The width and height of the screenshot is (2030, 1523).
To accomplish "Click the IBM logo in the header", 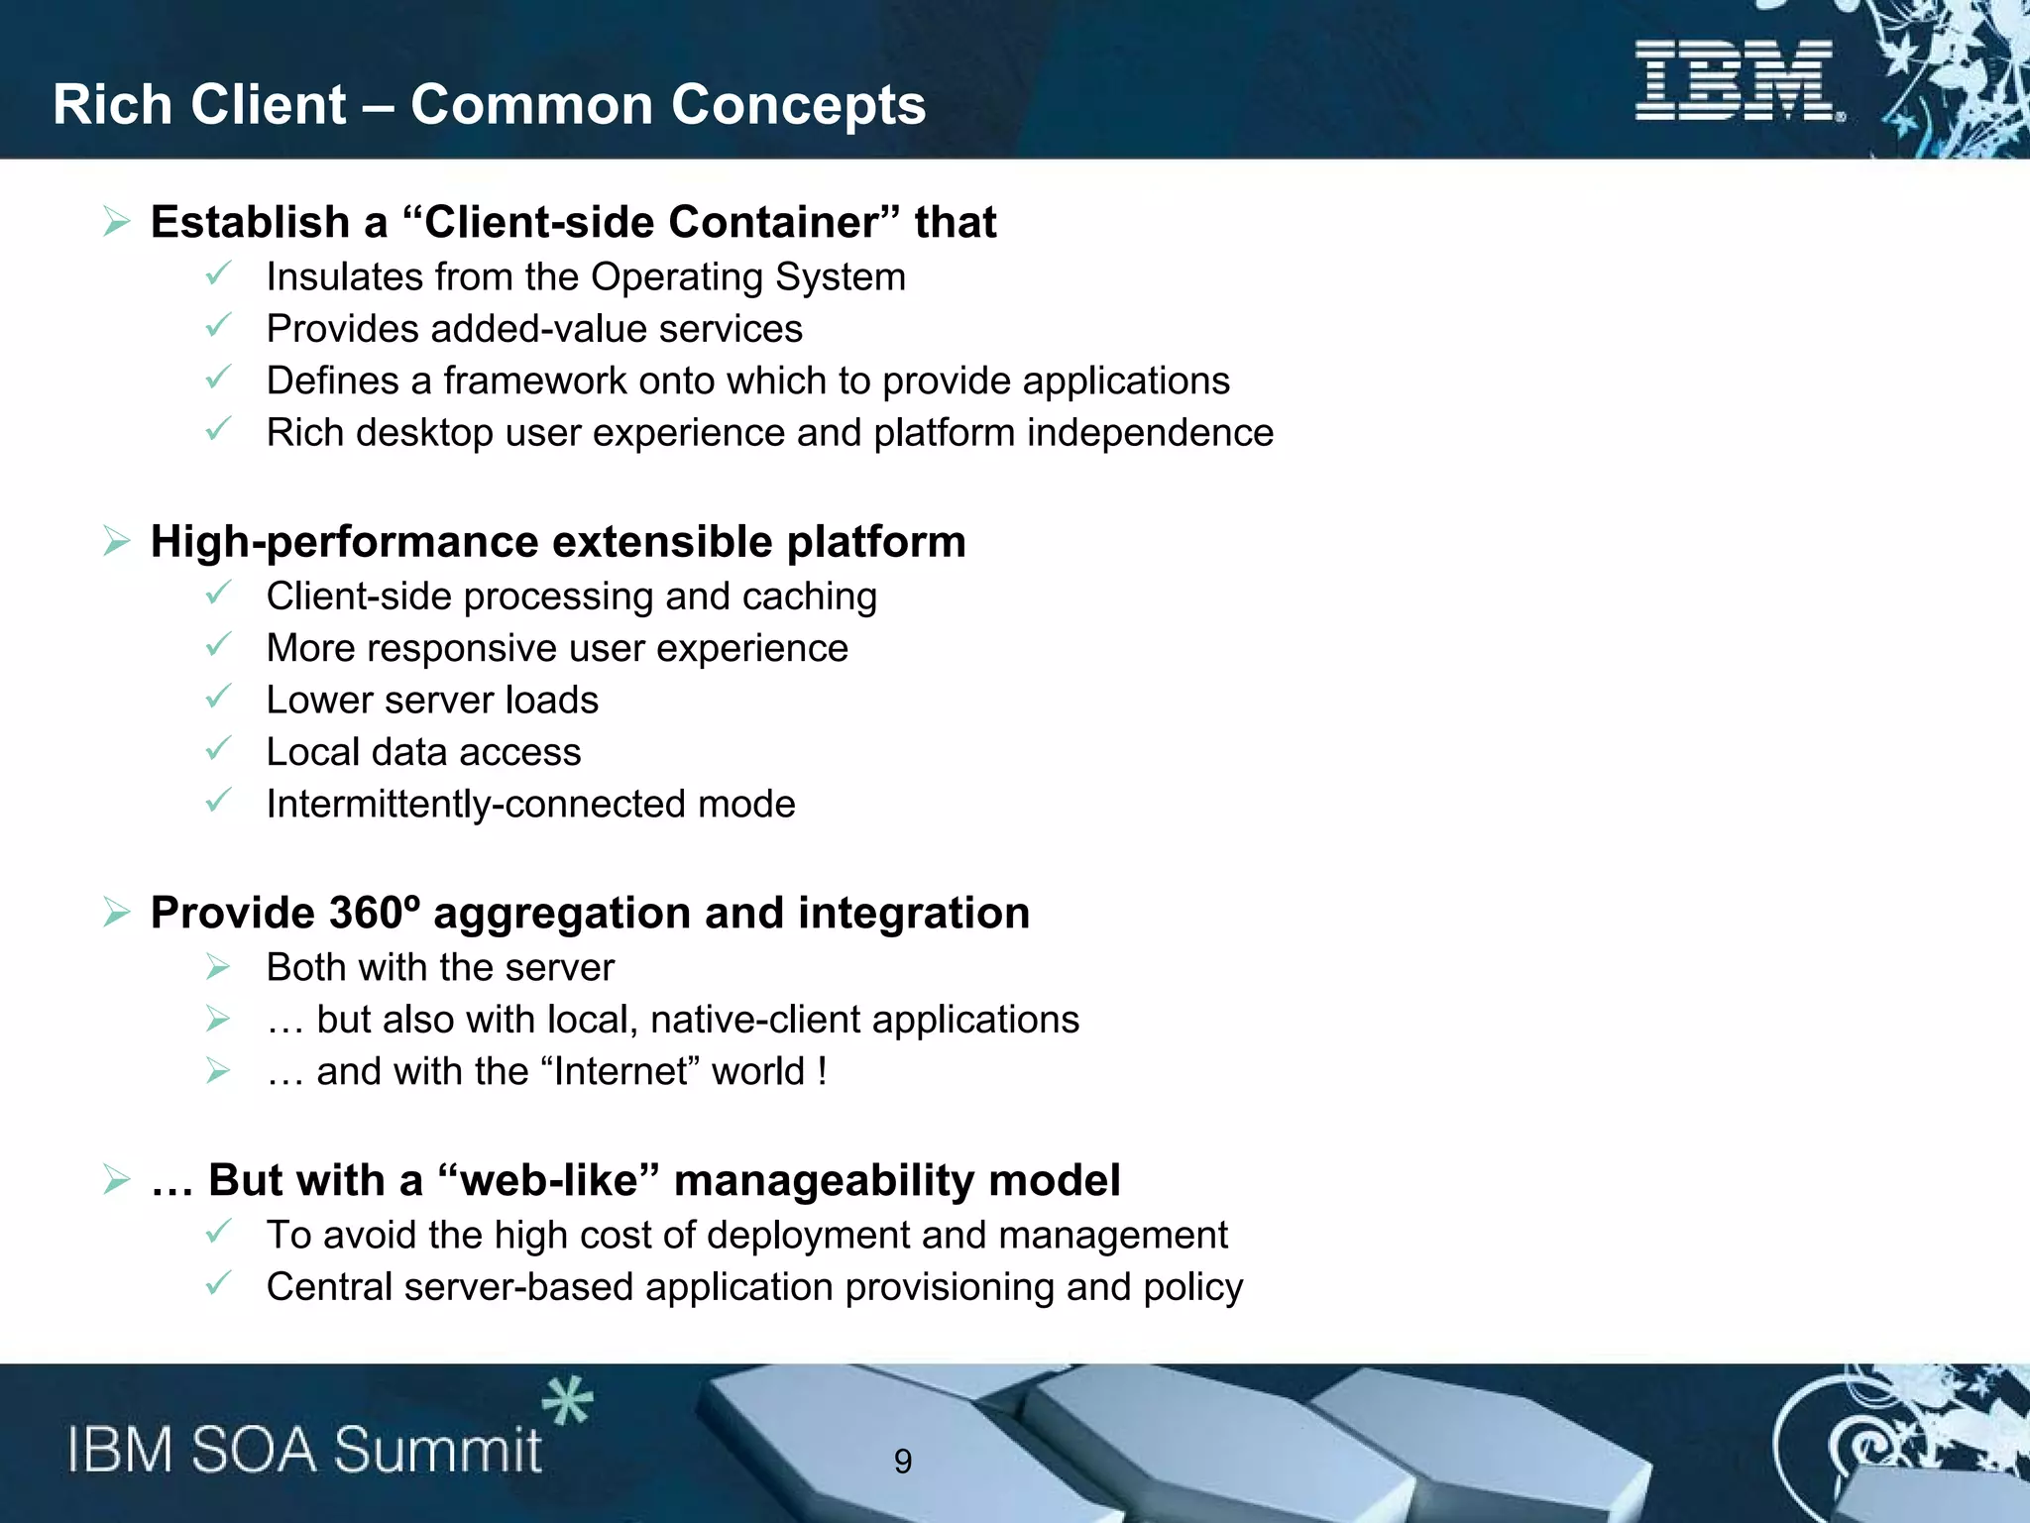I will click(x=1737, y=81).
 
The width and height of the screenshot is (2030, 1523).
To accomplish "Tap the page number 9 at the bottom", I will click(x=902, y=1461).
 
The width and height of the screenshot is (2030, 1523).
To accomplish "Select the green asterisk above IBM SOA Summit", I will click(x=567, y=1401).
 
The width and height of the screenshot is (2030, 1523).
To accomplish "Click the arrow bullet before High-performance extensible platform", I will click(x=117, y=542).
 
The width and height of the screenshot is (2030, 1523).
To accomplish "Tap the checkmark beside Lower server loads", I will click(x=218, y=697).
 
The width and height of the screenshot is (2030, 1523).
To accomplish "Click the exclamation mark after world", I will click(x=822, y=1072).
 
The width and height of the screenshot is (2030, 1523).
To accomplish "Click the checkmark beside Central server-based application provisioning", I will click(x=218, y=1283).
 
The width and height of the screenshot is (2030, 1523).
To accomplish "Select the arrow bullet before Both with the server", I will click(x=218, y=967).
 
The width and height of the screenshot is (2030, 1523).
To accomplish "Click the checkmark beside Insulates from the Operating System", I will click(x=218, y=273).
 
